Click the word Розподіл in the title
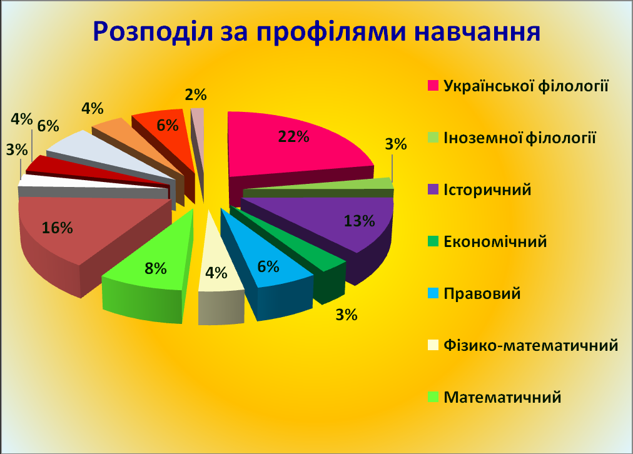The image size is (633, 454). [153, 32]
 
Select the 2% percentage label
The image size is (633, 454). [196, 94]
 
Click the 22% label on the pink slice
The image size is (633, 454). [293, 137]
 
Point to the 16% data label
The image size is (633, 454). [58, 228]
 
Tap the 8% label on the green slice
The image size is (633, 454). [155, 268]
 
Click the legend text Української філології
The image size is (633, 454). [525, 86]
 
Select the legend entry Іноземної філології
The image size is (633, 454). [520, 138]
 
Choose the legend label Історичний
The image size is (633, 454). [487, 190]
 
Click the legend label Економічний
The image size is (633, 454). [495, 242]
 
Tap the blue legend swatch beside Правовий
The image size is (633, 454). [433, 293]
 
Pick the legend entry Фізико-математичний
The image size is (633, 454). [530, 345]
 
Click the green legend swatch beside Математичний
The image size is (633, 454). [433, 397]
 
